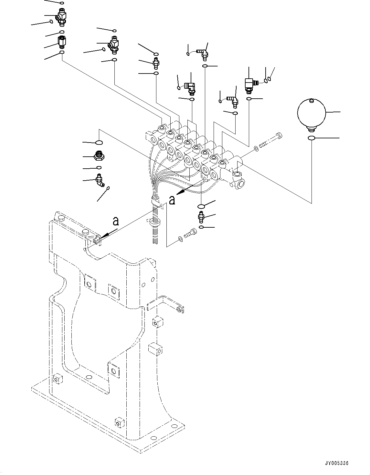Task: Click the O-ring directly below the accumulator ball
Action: tap(311, 138)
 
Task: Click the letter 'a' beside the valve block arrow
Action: tap(173, 200)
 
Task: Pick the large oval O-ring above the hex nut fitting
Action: tap(99, 142)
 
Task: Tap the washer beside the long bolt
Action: tap(256, 149)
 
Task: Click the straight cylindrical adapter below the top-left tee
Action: tap(62, 42)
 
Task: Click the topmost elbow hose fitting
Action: tap(203, 53)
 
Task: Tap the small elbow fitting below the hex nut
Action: tap(100, 181)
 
